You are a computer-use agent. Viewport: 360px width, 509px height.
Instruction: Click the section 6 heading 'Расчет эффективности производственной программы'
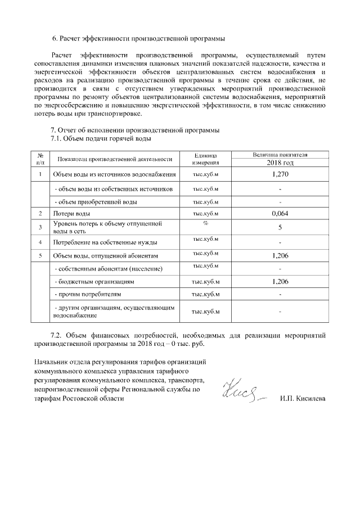138,39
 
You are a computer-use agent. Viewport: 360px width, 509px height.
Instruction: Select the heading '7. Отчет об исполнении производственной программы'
135,130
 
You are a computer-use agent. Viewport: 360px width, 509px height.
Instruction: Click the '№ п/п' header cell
40,158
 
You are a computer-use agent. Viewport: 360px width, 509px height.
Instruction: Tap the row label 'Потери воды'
71,214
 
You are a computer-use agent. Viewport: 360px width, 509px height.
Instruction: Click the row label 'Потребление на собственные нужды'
105,242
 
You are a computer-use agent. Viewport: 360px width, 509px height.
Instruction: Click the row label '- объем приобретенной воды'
95,202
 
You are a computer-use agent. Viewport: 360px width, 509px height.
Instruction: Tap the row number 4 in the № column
40,242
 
